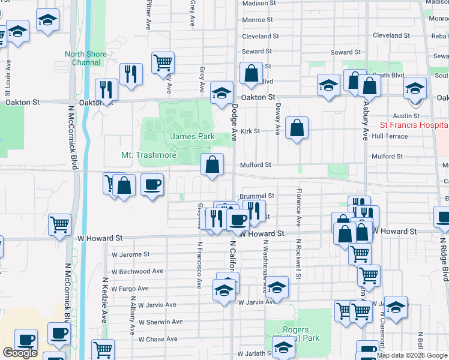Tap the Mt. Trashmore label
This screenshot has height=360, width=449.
coord(149,155)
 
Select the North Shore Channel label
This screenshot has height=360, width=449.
coord(86,58)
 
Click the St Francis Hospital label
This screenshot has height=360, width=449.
coord(414,125)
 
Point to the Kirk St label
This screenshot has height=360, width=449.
coord(250,131)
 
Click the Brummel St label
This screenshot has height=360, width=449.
coord(257,196)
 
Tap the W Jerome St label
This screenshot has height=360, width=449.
coord(131,254)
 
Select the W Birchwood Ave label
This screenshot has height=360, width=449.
coord(137,271)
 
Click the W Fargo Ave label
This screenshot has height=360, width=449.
coord(132,289)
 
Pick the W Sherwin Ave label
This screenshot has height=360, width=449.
coord(160,322)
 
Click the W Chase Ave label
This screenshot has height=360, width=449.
coord(158,339)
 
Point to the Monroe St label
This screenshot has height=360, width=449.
coord(258,20)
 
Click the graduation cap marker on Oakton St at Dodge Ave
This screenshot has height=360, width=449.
coord(221,92)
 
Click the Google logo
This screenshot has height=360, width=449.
coord(20,353)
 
